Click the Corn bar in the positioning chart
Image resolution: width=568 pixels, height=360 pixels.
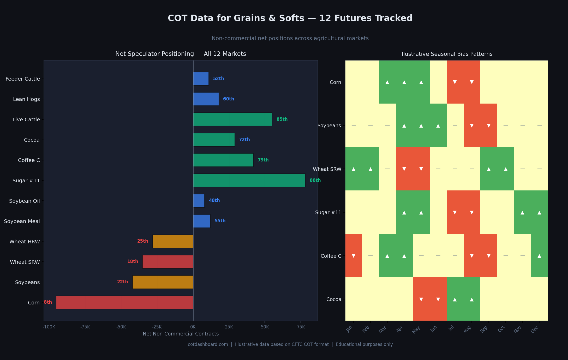pos(124,302)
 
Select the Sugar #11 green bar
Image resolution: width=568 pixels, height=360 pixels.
pos(249,180)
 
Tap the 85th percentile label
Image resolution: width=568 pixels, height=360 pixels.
pos(282,119)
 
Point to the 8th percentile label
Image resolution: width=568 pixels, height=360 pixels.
pos(48,302)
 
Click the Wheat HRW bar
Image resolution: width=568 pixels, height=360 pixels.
pos(173,241)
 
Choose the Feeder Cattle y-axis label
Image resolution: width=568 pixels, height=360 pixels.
pos(23,79)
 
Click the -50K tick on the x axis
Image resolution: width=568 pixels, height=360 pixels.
pos(121,327)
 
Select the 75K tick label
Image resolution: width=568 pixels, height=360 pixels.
pos(301,327)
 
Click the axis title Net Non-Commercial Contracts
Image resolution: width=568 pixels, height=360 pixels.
pos(181,334)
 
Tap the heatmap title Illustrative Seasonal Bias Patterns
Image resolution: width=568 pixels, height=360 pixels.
pos(446,54)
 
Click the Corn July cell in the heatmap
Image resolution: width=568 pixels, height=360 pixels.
pos(455,82)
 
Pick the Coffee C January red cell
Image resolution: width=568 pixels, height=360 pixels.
pos(354,256)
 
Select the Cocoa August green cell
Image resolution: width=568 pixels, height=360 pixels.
pos(472,299)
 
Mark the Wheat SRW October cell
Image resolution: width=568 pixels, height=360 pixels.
pos(506,169)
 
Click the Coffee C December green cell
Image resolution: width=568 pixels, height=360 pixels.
pos(539,256)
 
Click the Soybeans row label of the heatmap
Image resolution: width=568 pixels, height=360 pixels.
pos(329,125)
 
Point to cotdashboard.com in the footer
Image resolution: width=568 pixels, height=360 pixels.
pos(208,344)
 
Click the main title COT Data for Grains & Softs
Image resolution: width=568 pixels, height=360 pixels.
pos(290,18)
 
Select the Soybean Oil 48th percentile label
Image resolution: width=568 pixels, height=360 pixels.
pos(214,200)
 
